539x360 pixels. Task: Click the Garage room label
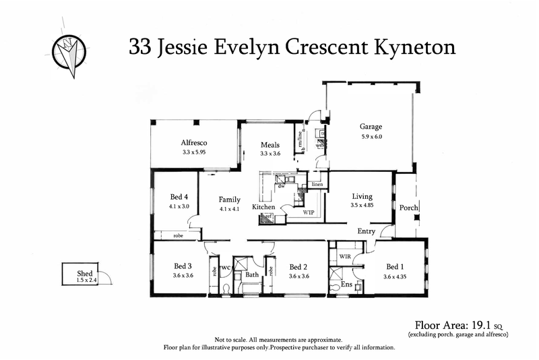(371, 126)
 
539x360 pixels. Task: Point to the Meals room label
(269, 144)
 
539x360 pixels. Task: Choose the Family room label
(229, 200)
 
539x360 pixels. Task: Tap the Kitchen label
(264, 206)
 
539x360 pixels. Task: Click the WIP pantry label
(309, 212)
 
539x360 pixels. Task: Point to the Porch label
(409, 207)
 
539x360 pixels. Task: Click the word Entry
(367, 231)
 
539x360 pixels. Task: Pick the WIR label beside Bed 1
(346, 256)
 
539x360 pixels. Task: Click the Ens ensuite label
(346, 285)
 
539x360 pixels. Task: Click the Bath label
(252, 275)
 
